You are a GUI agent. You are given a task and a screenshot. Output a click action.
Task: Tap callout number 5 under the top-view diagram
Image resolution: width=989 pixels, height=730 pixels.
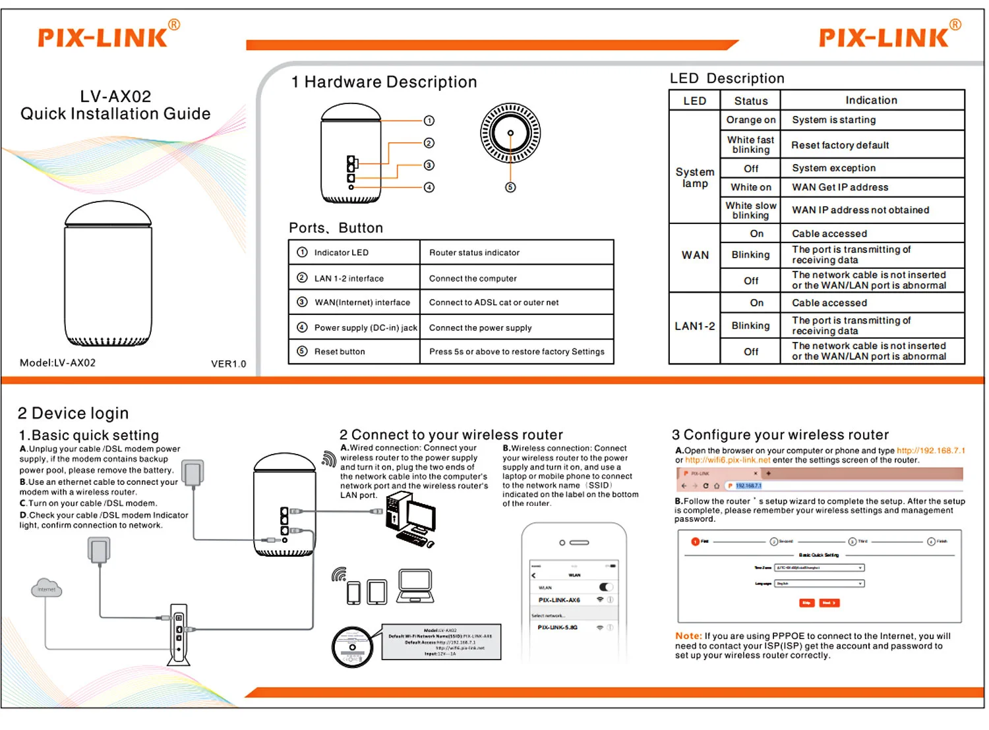pyautogui.click(x=510, y=187)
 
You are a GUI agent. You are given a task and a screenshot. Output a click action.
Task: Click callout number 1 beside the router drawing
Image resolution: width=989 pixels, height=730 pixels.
pyautogui.click(x=429, y=121)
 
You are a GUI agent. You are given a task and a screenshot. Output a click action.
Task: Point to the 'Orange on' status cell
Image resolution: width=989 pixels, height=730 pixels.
pyautogui.click(x=750, y=120)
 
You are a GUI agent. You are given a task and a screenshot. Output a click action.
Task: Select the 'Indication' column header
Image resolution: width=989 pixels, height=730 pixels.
pyautogui.click(x=871, y=100)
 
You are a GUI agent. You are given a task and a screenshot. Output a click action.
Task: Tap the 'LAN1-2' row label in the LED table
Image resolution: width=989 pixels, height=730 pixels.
pyautogui.click(x=694, y=326)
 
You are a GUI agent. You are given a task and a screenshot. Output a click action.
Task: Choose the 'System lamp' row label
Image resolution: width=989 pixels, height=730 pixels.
pyautogui.click(x=694, y=178)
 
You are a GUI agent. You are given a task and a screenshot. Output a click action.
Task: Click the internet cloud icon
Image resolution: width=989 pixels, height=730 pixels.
pyautogui.click(x=47, y=588)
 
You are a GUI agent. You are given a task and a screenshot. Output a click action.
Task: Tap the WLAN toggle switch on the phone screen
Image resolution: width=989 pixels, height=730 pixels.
pyautogui.click(x=606, y=587)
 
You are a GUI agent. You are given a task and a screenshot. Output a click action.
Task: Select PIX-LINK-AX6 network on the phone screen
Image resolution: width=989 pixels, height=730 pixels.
pyautogui.click(x=559, y=600)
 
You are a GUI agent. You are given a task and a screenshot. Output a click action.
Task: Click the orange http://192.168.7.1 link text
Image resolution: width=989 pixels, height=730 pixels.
pyautogui.click(x=930, y=451)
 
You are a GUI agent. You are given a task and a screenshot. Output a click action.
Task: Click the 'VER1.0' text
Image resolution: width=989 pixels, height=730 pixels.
pyautogui.click(x=228, y=364)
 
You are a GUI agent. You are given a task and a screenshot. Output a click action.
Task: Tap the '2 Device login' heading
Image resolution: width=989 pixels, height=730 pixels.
pyautogui.click(x=73, y=413)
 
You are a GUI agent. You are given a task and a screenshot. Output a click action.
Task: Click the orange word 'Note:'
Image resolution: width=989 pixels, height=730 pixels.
pyautogui.click(x=688, y=636)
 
